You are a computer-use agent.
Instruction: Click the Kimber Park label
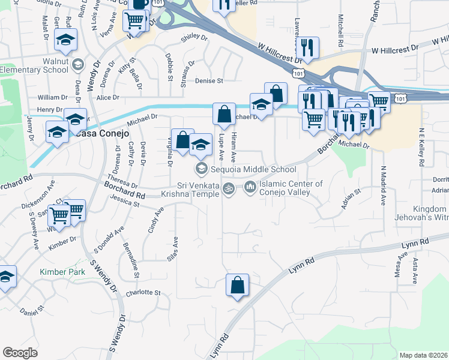(62, 272)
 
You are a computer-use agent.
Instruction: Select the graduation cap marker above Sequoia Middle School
(202, 144)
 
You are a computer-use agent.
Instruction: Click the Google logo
(20, 353)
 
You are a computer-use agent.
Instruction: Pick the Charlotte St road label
(143, 293)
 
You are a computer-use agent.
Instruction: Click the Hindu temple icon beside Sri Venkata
(228, 189)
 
